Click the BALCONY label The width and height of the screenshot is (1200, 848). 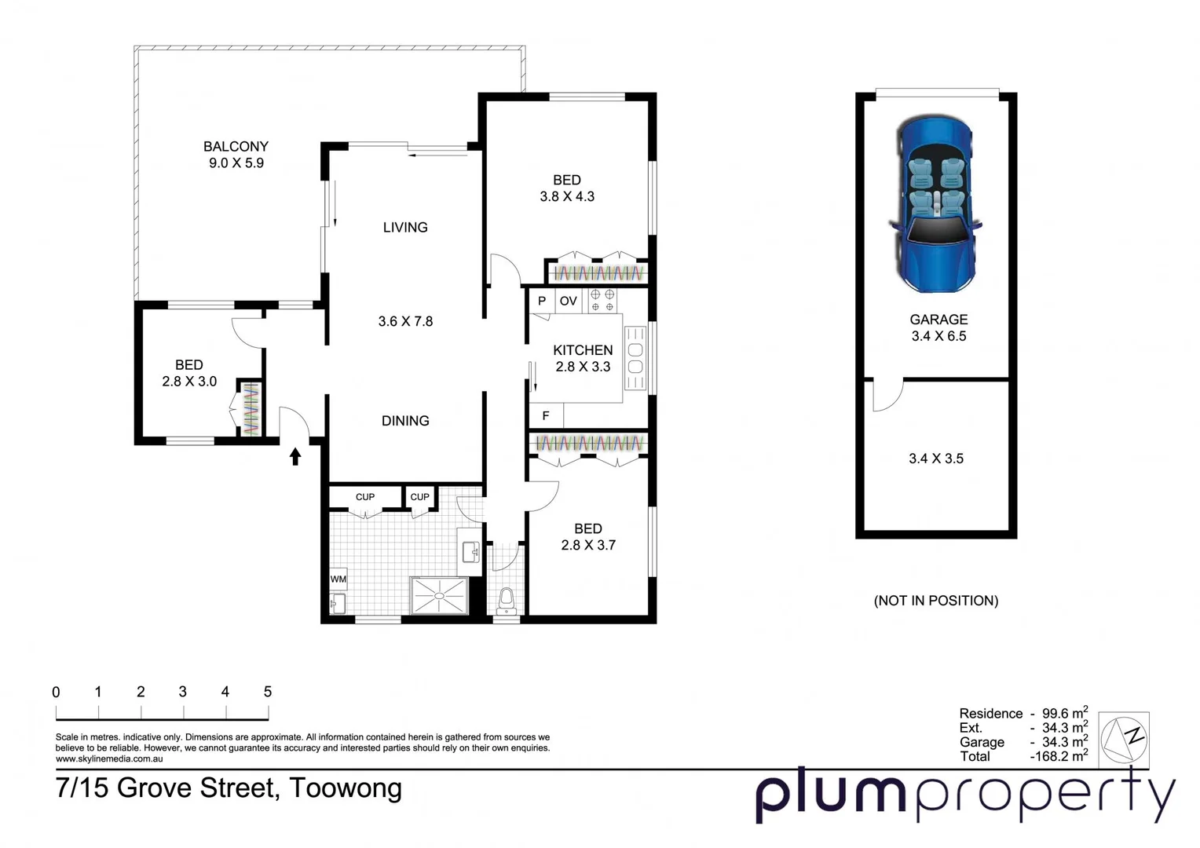tap(236, 147)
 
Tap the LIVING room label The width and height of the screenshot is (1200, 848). tap(405, 228)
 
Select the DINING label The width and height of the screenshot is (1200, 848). tap(405, 421)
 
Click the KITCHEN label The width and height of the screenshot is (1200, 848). tap(583, 350)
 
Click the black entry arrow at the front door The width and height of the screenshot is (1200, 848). tap(295, 456)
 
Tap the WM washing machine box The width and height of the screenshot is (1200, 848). tap(338, 579)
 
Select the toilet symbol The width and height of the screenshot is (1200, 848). tap(507, 599)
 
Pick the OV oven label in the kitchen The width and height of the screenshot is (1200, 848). tap(569, 301)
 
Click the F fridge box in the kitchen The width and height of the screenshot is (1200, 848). tap(546, 416)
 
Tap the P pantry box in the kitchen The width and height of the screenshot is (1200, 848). tap(542, 301)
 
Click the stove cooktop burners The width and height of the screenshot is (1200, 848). tap(602, 301)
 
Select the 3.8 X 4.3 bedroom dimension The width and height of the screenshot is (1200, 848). tap(567, 197)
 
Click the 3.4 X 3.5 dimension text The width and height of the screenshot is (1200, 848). tap(936, 459)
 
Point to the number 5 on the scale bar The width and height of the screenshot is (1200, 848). tap(268, 692)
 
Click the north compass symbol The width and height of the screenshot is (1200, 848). tap(1124, 738)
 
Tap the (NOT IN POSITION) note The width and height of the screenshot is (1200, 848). tap(936, 601)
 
